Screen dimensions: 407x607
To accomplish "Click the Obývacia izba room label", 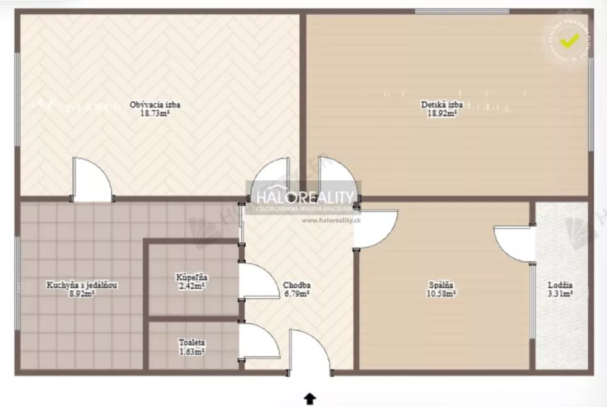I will click(155, 104).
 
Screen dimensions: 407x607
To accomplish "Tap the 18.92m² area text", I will click(442, 113).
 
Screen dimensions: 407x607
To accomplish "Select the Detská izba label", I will click(442, 104).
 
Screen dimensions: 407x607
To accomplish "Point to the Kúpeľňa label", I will click(190, 277).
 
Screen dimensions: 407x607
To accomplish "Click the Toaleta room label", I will click(191, 342).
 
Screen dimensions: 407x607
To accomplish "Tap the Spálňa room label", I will click(441, 285).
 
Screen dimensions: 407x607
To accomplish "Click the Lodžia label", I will click(560, 285).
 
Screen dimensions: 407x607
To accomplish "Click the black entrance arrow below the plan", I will click(310, 398).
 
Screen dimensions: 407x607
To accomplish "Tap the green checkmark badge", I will click(569, 41).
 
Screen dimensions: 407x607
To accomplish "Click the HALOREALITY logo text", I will click(305, 198).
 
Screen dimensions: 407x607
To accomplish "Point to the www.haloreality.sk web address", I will click(331, 220).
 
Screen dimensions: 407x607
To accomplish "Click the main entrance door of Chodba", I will click(310, 352).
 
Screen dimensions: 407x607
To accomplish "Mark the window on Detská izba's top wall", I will click(461, 11).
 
